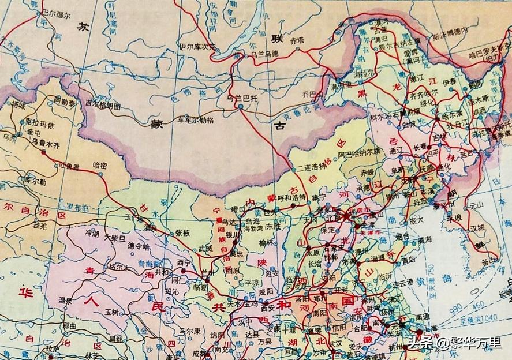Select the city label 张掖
tap(182, 232)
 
